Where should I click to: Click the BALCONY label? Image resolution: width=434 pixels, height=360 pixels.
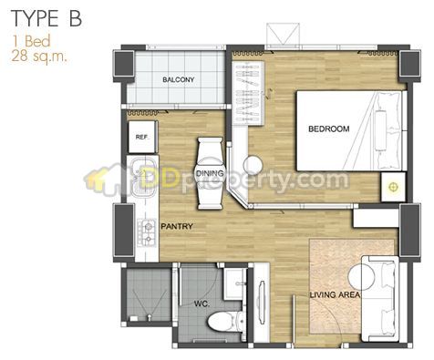pyautogui.click(x=178, y=80)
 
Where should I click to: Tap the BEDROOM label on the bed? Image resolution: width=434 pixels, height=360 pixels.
pyautogui.click(x=329, y=129)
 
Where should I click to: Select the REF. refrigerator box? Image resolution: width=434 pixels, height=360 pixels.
pyautogui.click(x=142, y=137)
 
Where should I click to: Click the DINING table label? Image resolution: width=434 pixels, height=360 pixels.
pyautogui.click(x=210, y=173)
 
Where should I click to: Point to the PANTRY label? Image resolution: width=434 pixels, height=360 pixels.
pyautogui.click(x=177, y=226)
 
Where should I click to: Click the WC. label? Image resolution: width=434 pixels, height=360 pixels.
pyautogui.click(x=202, y=303)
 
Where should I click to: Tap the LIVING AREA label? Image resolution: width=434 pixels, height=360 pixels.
pyautogui.click(x=335, y=294)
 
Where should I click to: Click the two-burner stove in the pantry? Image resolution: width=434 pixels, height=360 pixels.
pyautogui.click(x=148, y=231)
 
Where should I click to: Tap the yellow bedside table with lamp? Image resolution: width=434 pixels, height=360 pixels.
pyautogui.click(x=394, y=187)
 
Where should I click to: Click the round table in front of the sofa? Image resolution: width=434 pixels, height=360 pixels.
pyautogui.click(x=362, y=276)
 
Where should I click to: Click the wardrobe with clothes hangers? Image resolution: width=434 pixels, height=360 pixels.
pyautogui.click(x=248, y=93)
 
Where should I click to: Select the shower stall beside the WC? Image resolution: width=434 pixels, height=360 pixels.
pyautogui.click(x=149, y=294)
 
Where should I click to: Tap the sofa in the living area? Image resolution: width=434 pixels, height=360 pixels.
pyautogui.click(x=380, y=298)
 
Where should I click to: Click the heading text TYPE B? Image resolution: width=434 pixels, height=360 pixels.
pyautogui.click(x=46, y=19)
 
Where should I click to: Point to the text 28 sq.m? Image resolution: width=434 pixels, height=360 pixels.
pyautogui.click(x=38, y=56)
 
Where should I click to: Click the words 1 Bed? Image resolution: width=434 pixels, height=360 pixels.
pyautogui.click(x=31, y=41)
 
